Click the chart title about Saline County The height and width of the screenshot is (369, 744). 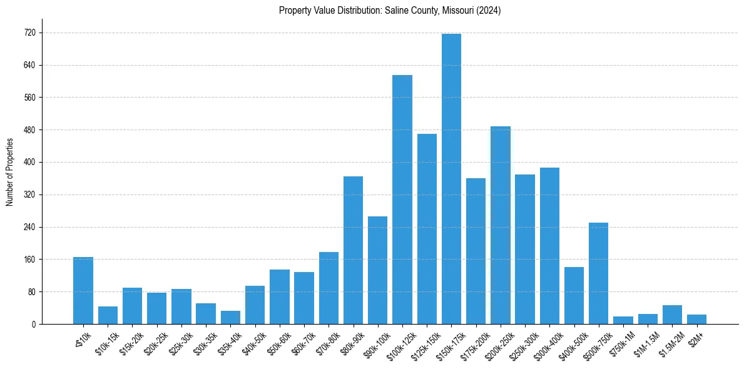pos(389,11)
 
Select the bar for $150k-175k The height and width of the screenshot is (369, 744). pos(451,179)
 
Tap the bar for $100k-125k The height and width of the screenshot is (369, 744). pos(402,200)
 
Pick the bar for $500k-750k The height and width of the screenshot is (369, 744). pos(598,273)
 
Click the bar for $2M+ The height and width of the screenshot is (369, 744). pos(696,319)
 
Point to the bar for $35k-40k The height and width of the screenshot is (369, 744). pos(230,317)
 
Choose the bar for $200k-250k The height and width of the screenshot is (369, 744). pos(501,225)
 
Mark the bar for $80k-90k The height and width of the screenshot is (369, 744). pos(353,250)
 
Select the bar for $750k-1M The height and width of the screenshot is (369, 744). pos(623,320)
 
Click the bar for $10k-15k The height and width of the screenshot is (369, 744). pos(108,315)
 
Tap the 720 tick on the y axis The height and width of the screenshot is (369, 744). pos(29,33)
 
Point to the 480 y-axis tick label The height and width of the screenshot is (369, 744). pos(29,130)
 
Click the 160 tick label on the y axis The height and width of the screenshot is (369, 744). pos(29,260)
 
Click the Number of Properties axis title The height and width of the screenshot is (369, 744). pos(10,172)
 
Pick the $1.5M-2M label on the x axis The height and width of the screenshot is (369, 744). pos(667,341)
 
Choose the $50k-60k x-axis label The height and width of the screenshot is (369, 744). pos(275,341)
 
